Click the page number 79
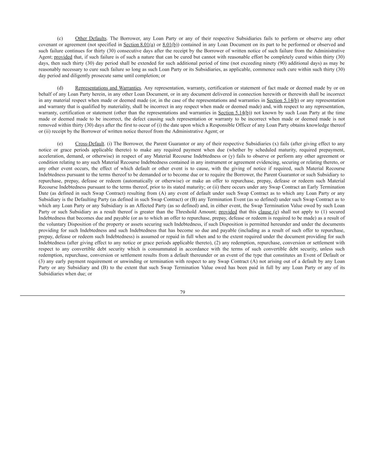point(182,292)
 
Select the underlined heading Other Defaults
point(91,38)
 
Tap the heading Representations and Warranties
point(108,88)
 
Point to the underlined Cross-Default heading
point(90,144)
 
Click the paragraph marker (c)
point(60,38)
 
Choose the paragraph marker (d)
point(60,88)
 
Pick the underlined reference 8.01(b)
point(170,45)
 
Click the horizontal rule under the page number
point(182,296)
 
